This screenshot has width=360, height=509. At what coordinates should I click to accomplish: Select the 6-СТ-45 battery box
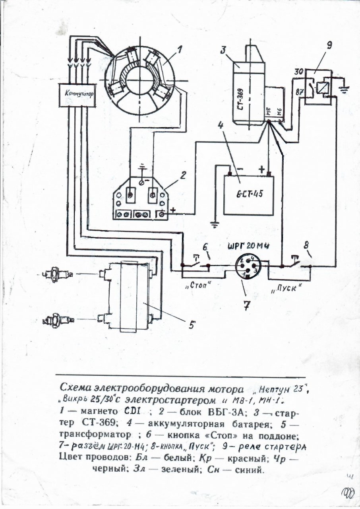click(x=249, y=195)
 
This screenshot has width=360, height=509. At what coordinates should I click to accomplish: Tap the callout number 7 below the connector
click(x=246, y=306)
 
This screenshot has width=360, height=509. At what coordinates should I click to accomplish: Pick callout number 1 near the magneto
click(x=180, y=49)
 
